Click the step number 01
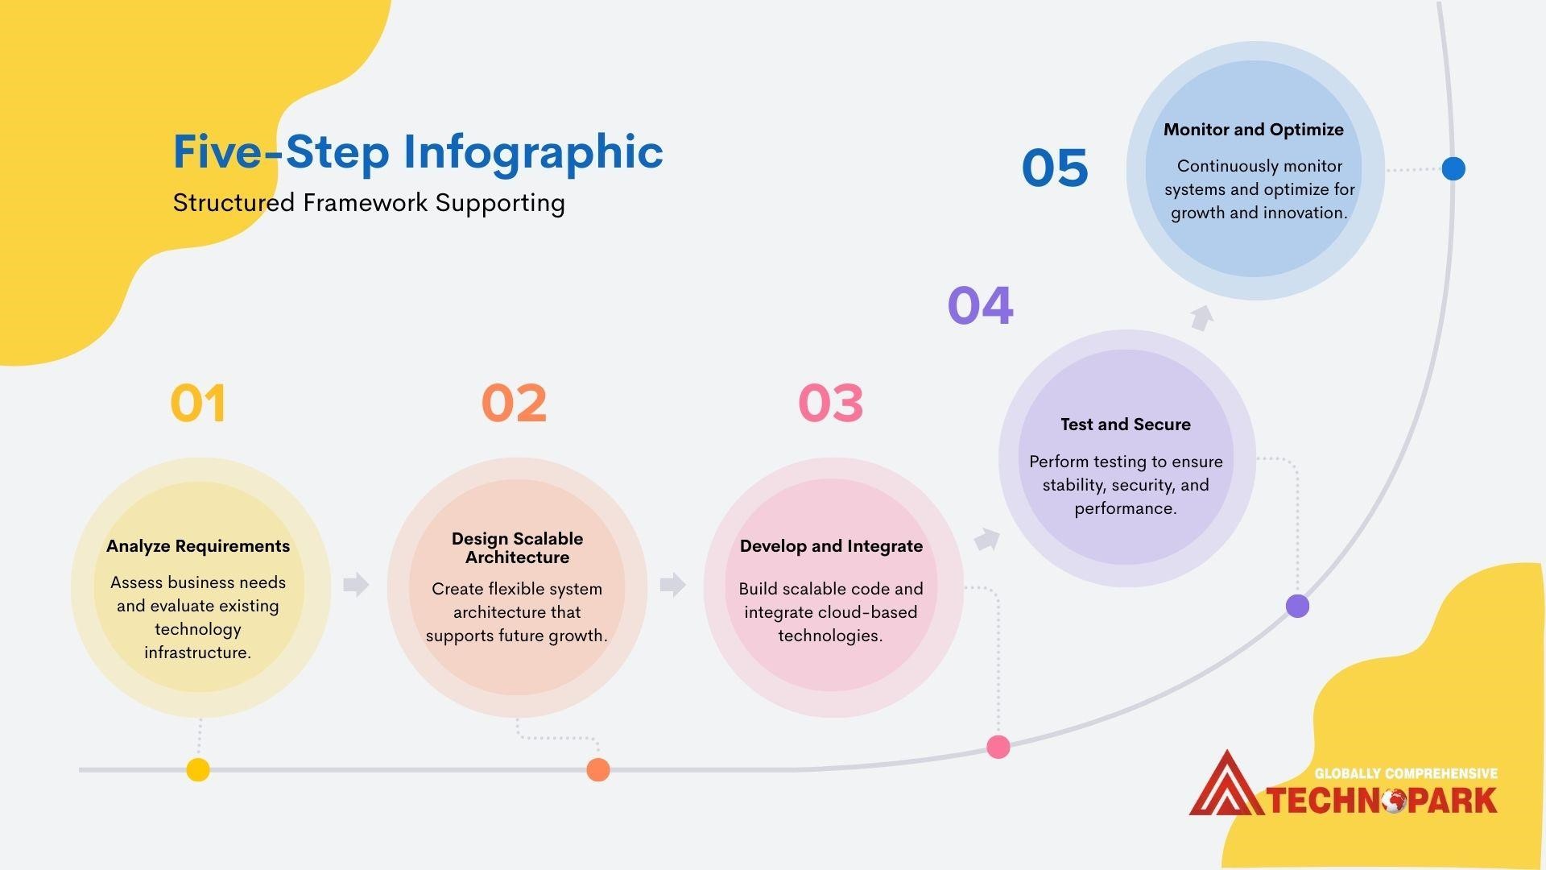pyautogui.click(x=198, y=403)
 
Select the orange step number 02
pyautogui.click(x=514, y=403)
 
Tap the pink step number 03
pyautogui.click(x=830, y=403)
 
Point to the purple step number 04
pyautogui.click(x=980, y=305)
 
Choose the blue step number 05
pyautogui.click(x=1054, y=168)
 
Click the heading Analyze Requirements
pyautogui.click(x=198, y=546)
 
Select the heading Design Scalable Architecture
pyautogui.click(x=517, y=548)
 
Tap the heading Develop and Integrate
pyautogui.click(x=831, y=546)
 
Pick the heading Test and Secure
pyautogui.click(x=1125, y=425)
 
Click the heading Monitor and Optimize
pyautogui.click(x=1253, y=130)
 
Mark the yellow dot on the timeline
pyautogui.click(x=198, y=770)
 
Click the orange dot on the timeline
pyautogui.click(x=597, y=770)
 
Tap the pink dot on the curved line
pyautogui.click(x=998, y=747)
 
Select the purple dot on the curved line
pyautogui.click(x=1297, y=606)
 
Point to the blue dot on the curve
pyautogui.click(x=1453, y=168)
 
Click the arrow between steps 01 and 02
pyautogui.click(x=355, y=584)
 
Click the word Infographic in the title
pyautogui.click(x=533, y=151)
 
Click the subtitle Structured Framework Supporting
pyautogui.click(x=369, y=203)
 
